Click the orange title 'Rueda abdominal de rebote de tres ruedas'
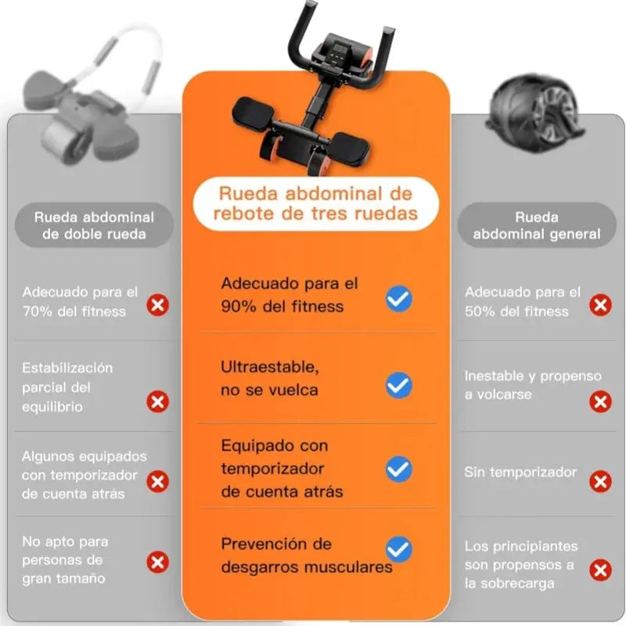[316, 203]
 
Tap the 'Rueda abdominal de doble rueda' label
[94, 225]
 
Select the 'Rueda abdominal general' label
[537, 225]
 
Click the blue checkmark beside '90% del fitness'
[399, 298]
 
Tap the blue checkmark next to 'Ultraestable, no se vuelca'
[399, 384]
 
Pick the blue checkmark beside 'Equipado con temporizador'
[399, 469]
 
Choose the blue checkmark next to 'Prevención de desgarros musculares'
[399, 549]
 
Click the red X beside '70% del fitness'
[158, 304]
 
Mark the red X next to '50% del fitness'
[601, 304]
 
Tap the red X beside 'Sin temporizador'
[601, 481]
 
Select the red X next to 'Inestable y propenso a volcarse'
[601, 402]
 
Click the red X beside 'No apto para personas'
[158, 561]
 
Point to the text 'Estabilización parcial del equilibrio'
[67, 387]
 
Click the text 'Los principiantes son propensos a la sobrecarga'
[521, 564]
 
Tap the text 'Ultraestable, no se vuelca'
[270, 378]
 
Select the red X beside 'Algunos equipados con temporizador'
[158, 481]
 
